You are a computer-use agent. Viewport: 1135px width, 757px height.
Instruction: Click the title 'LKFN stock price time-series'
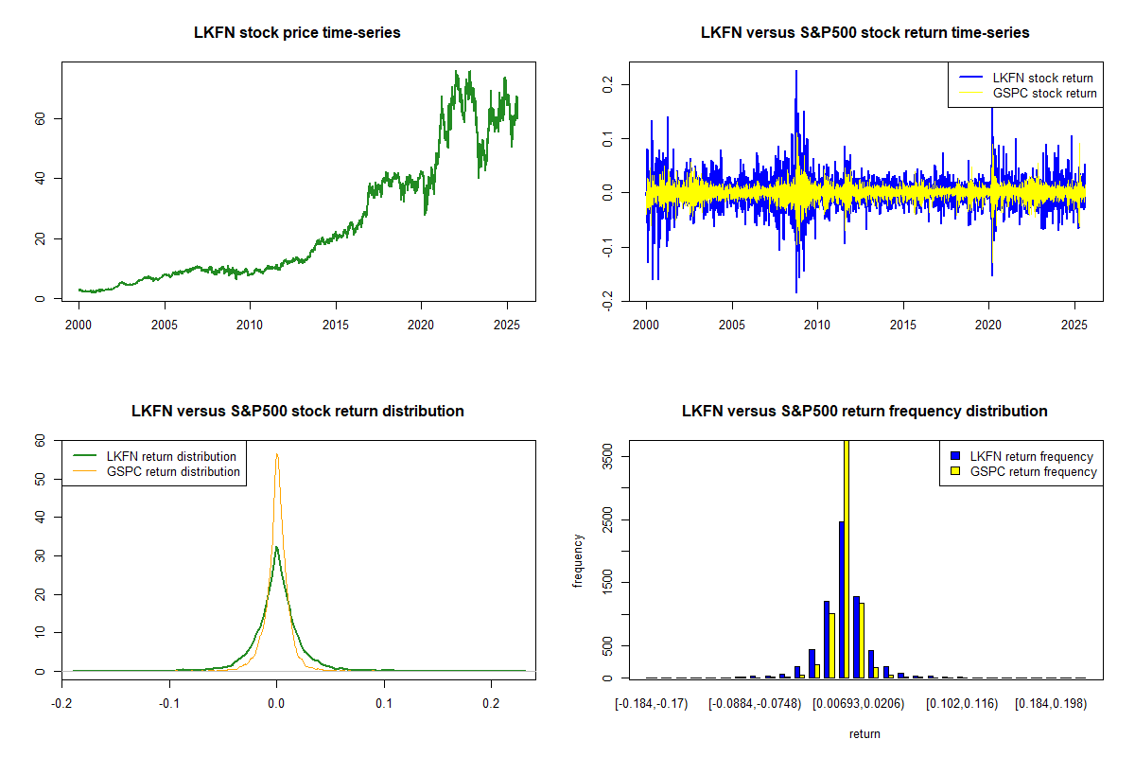(297, 33)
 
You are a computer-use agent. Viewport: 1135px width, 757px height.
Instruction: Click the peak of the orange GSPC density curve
(276, 454)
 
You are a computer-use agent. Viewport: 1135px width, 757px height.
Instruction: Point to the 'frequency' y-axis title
(578, 560)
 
